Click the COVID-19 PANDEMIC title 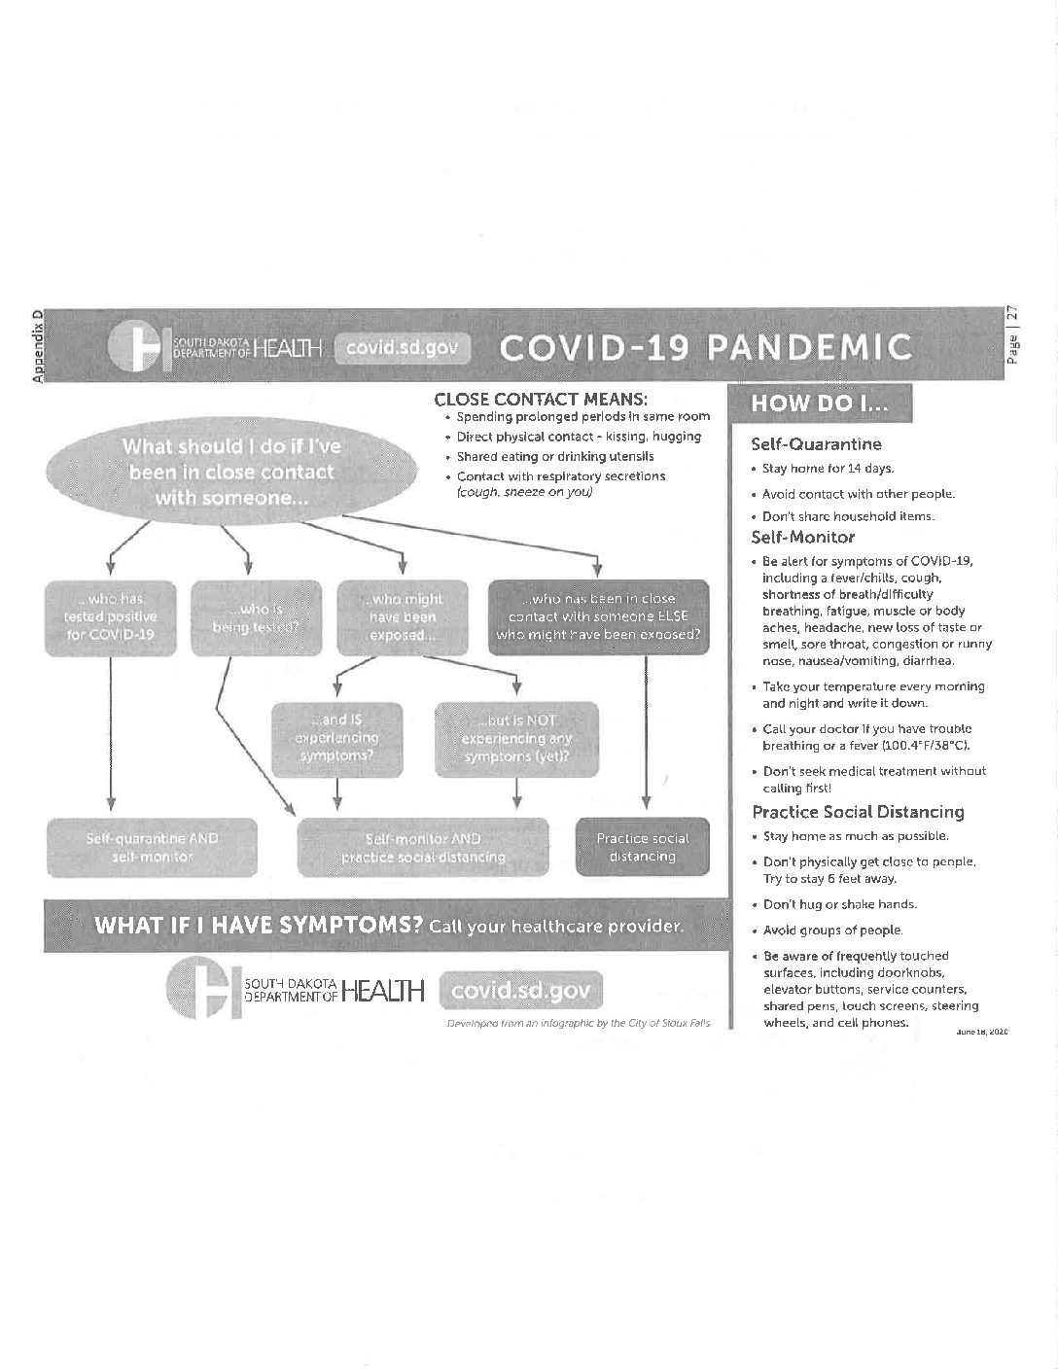click(705, 347)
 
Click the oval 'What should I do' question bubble click(230, 472)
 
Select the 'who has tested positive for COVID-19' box click(111, 617)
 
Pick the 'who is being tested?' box click(256, 617)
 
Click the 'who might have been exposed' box click(404, 617)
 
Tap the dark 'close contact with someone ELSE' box click(598, 617)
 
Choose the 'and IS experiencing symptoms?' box click(336, 738)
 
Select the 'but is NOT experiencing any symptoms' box click(516, 738)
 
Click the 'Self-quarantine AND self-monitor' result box click(151, 847)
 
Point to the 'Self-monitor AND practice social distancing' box click(423, 847)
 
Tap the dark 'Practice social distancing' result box click(642, 847)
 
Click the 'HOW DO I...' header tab click(818, 404)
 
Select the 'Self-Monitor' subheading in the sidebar click(802, 537)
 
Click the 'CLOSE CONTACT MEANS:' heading click(541, 399)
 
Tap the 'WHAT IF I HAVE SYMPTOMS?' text click(257, 925)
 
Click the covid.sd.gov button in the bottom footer click(521, 991)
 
